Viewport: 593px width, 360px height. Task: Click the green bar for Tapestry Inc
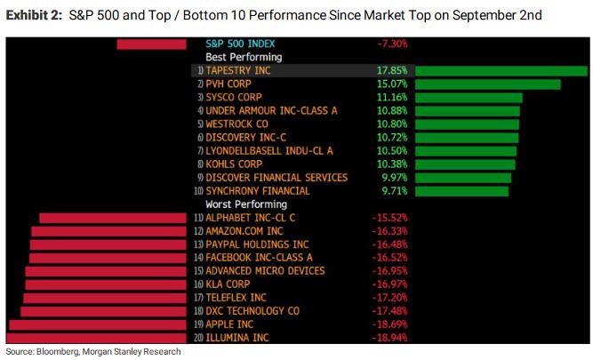point(500,71)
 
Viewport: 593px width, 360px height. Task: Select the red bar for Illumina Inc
point(98,338)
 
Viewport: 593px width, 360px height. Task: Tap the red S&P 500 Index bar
point(151,44)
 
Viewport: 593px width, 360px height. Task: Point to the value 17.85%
point(389,70)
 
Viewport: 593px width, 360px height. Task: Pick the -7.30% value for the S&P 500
point(391,44)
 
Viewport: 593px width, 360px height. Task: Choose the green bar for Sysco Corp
point(468,98)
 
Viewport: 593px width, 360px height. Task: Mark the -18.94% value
point(390,338)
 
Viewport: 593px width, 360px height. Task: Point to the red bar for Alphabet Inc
point(113,218)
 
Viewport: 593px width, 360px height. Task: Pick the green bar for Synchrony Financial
point(461,191)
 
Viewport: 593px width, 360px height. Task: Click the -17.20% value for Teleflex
point(390,298)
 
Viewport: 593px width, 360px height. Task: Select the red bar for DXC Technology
point(104,311)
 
